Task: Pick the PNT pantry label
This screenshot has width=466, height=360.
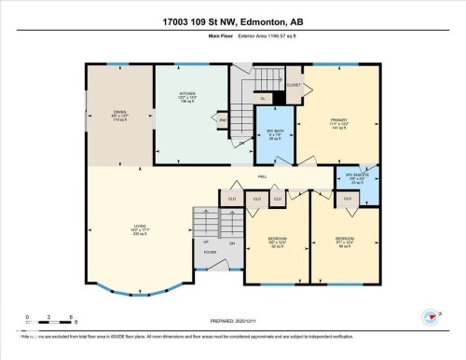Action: point(224,119)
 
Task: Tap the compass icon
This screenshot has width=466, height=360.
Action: point(431,316)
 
